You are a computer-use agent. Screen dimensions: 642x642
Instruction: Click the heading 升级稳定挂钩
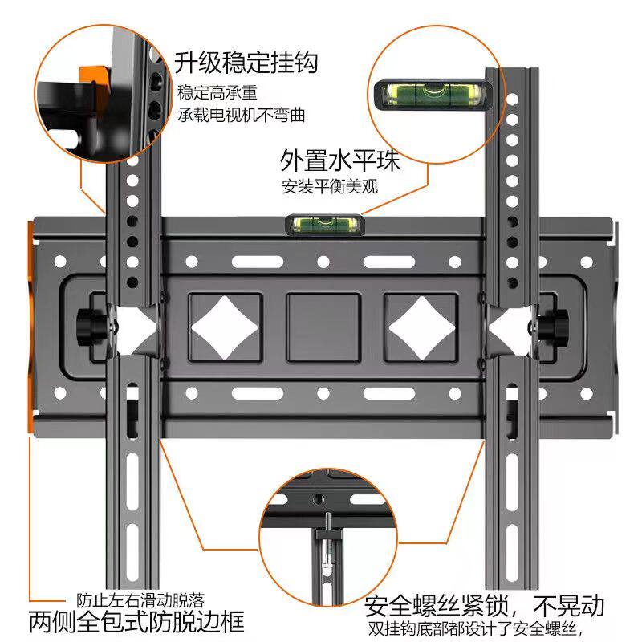[246, 62]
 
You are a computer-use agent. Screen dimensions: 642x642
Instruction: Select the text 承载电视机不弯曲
[242, 115]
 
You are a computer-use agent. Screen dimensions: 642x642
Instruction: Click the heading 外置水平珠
[339, 160]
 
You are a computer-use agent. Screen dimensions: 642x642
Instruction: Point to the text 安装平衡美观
[329, 187]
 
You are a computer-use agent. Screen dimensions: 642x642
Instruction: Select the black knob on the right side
[552, 325]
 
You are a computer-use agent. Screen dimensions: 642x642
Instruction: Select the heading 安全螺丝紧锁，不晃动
[483, 604]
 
